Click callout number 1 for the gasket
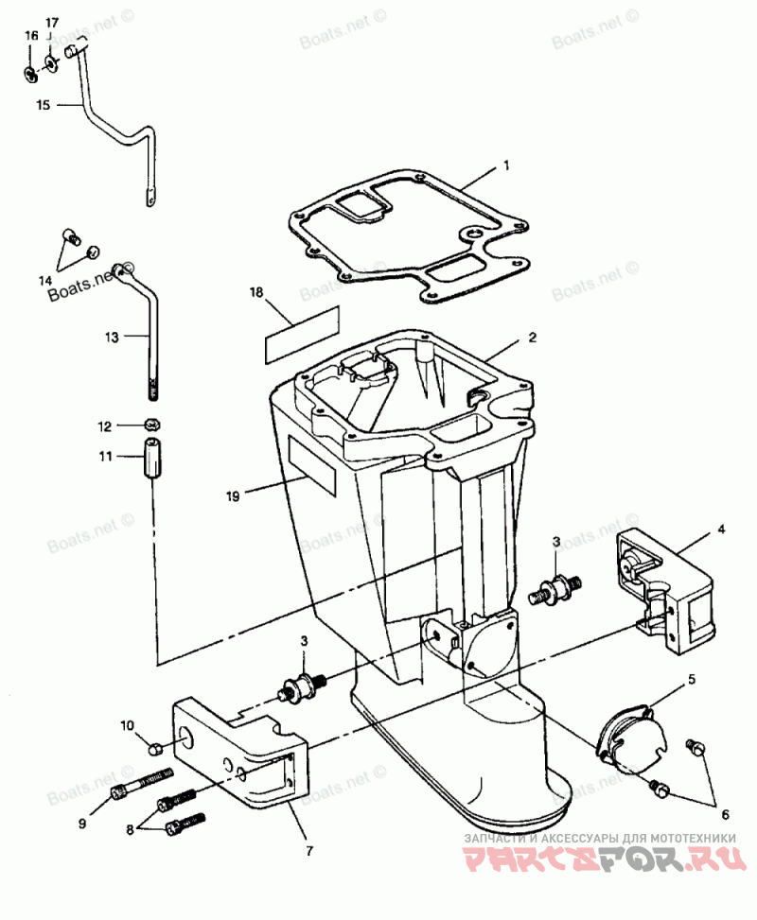click(x=505, y=165)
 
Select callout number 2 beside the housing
click(x=532, y=337)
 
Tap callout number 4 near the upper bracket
click(x=720, y=529)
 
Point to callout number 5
click(x=691, y=678)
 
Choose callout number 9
click(x=81, y=823)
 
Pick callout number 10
click(x=128, y=726)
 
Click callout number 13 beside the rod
click(x=112, y=336)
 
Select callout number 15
click(x=43, y=106)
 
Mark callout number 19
click(x=232, y=493)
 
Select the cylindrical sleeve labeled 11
click(x=150, y=460)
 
